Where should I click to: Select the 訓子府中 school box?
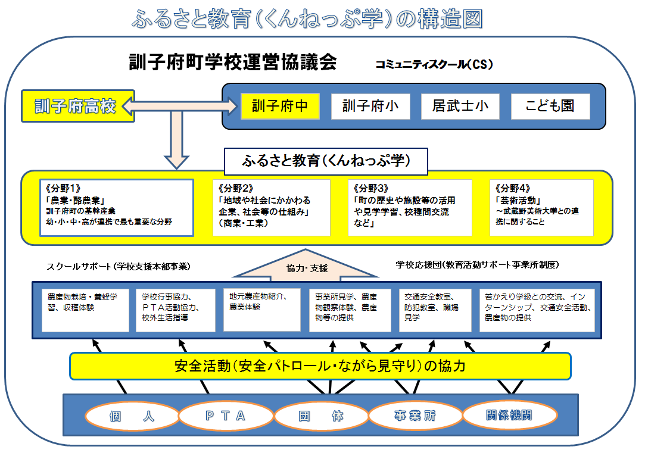[280, 107]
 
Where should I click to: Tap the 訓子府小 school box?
[370, 107]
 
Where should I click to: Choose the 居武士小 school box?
[460, 107]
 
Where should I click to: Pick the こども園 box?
[550, 107]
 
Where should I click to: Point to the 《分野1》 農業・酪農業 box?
[116, 207]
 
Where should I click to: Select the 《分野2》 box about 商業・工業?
[271, 207]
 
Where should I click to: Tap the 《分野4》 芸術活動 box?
[541, 207]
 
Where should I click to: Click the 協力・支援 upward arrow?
[307, 269]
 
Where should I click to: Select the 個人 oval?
[132, 416]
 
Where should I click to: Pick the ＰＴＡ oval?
[225, 416]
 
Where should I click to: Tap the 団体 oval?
[320, 416]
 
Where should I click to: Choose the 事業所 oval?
[415, 416]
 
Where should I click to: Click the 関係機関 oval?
[509, 416]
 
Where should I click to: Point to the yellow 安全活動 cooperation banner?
[320, 366]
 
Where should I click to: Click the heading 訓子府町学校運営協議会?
[233, 62]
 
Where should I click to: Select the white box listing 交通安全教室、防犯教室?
[437, 310]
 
